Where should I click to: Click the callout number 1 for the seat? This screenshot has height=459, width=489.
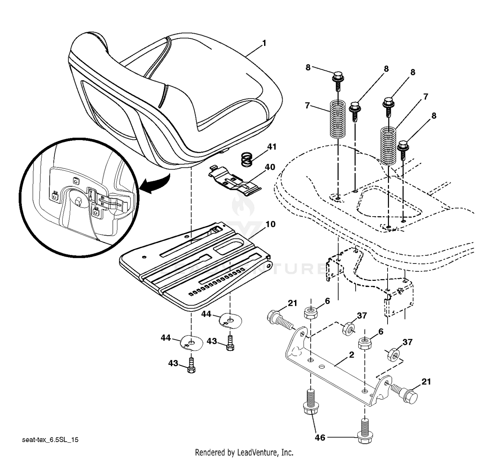click(x=264, y=43)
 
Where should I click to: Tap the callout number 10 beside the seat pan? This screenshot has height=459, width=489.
click(x=270, y=224)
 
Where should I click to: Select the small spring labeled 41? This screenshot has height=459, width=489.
click(x=249, y=159)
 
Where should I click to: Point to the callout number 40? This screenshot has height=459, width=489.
click(x=270, y=167)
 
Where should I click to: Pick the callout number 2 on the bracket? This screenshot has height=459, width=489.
click(x=351, y=355)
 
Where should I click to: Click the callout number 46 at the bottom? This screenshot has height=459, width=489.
click(x=320, y=437)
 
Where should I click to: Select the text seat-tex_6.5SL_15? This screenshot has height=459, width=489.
click(x=50, y=440)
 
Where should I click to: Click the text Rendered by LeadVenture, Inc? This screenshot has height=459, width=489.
click(x=244, y=452)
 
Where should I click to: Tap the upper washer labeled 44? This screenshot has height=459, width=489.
click(x=231, y=320)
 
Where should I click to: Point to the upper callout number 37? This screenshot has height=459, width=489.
click(x=362, y=316)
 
